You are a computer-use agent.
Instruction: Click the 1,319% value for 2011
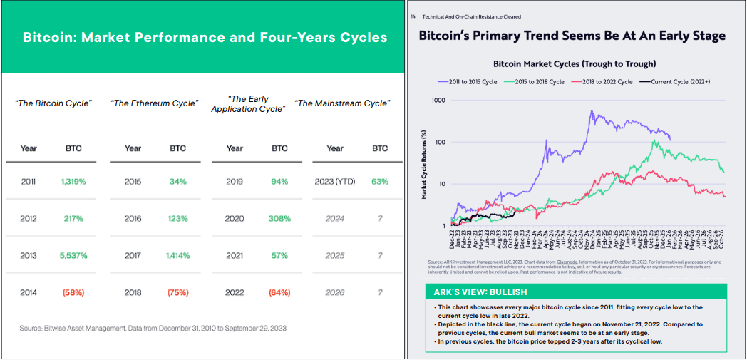[x=73, y=182]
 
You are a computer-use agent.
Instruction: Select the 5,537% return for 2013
[x=73, y=255]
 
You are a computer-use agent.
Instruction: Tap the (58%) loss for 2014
[x=73, y=292]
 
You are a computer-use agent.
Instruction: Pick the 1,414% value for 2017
[x=178, y=255]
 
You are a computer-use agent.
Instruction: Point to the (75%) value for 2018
[x=178, y=292]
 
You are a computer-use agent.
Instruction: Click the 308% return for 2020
[x=279, y=219]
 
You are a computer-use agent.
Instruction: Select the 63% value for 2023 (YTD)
[x=380, y=182]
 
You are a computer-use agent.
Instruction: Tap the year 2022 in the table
[x=235, y=292]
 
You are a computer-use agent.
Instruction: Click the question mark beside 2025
[x=380, y=255]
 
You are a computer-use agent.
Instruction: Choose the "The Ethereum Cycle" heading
[x=154, y=104]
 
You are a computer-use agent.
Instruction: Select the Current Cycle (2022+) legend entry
[x=680, y=82]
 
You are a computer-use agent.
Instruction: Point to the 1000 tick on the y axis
[x=438, y=101]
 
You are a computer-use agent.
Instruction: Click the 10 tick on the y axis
[x=441, y=184]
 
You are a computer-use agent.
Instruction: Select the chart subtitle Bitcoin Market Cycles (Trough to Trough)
[x=575, y=64]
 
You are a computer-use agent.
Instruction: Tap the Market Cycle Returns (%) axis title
[x=424, y=163]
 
